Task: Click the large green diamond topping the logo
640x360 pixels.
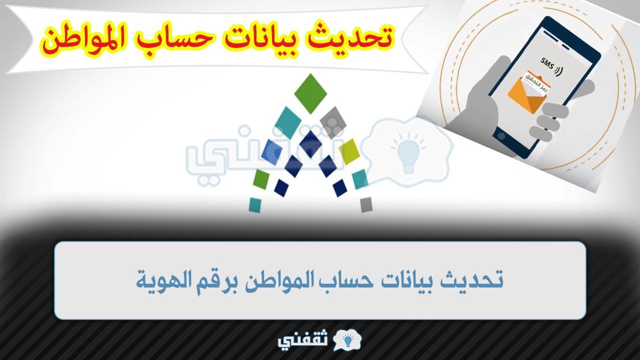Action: [x=310, y=93]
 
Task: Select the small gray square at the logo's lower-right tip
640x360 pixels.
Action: [x=366, y=204]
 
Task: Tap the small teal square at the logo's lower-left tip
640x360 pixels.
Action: [x=255, y=205]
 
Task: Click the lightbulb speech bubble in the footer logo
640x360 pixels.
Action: [x=347, y=340]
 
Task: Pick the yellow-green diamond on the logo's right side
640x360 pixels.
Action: [x=349, y=151]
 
